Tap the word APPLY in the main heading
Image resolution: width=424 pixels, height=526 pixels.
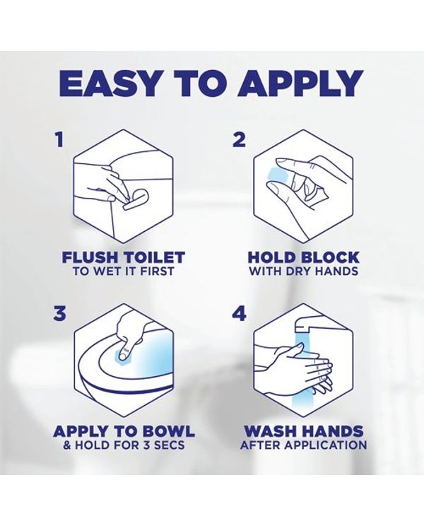pyautogui.click(x=300, y=83)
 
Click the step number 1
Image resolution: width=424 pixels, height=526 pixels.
pyautogui.click(x=59, y=139)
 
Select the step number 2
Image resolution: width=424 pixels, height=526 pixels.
pyautogui.click(x=239, y=139)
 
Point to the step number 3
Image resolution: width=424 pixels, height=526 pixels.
pyautogui.click(x=60, y=315)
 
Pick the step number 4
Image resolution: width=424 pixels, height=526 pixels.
pyautogui.click(x=240, y=315)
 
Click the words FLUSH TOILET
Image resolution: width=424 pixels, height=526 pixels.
pyautogui.click(x=124, y=257)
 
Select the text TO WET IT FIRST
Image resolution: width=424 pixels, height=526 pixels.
pyautogui.click(x=124, y=271)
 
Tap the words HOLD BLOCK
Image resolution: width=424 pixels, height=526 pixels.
pyautogui.click(x=303, y=257)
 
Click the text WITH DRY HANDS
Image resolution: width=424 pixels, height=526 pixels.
pyautogui.click(x=303, y=271)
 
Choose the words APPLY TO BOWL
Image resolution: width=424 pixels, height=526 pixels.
pyautogui.click(x=124, y=431)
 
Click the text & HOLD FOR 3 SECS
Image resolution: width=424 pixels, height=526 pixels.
pyautogui.click(x=124, y=445)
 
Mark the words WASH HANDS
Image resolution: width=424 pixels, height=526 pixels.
pyautogui.click(x=303, y=431)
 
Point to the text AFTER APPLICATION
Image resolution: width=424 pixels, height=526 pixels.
pyautogui.click(x=303, y=445)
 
